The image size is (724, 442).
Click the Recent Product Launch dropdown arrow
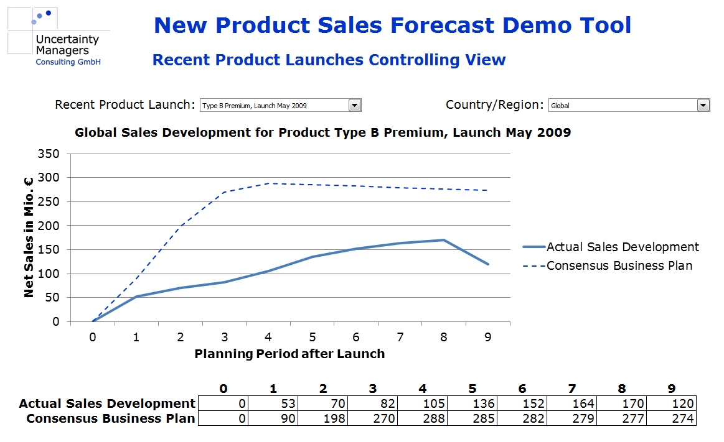click(x=355, y=105)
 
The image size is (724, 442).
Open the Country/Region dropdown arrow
click(x=703, y=105)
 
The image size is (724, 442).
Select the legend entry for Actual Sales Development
click(x=623, y=247)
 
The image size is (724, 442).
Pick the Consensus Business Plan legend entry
click(x=619, y=265)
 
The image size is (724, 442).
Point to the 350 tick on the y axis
click(x=50, y=154)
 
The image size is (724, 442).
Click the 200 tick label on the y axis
click(x=50, y=226)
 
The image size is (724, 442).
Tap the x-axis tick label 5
click(x=312, y=337)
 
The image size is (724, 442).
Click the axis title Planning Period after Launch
click(x=289, y=354)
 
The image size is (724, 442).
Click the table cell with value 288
click(x=421, y=418)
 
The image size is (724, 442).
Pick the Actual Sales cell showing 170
click(x=621, y=403)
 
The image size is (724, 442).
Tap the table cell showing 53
click(x=272, y=403)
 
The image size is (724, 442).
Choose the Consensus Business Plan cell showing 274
click(x=670, y=418)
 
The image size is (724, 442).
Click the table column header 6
click(x=522, y=389)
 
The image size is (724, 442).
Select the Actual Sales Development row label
click(x=107, y=403)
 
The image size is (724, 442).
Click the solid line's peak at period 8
click(x=443, y=240)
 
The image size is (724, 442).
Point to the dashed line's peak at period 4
click(x=268, y=183)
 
